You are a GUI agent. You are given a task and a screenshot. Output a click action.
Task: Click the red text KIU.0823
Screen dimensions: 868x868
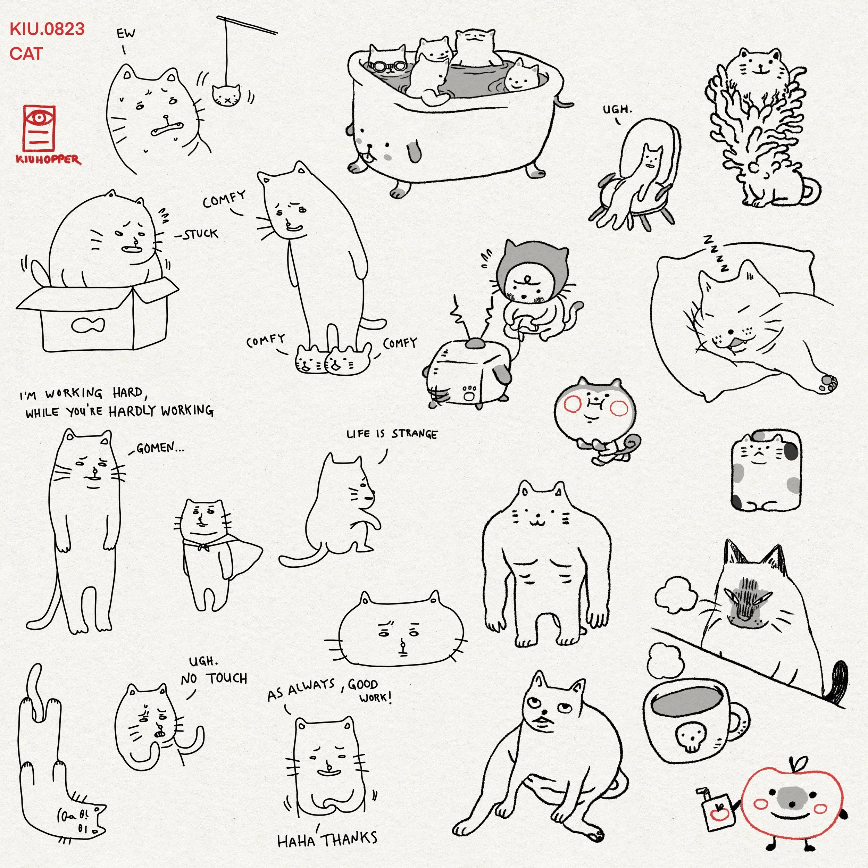(x=47, y=29)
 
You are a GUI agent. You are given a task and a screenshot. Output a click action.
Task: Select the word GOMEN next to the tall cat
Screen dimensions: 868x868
(x=155, y=448)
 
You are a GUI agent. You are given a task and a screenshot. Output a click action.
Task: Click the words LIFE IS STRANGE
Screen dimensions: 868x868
(x=392, y=434)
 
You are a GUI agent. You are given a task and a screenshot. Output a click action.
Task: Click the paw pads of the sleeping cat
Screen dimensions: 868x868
(x=828, y=382)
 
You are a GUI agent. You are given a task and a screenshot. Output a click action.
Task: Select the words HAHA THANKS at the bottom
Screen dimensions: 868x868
(x=327, y=839)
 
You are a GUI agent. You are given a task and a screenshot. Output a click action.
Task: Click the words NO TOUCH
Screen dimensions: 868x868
(x=214, y=678)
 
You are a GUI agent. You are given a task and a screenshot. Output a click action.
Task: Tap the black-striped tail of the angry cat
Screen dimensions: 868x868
(x=836, y=683)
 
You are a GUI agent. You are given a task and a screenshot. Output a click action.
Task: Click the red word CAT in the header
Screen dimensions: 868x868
(x=26, y=53)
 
